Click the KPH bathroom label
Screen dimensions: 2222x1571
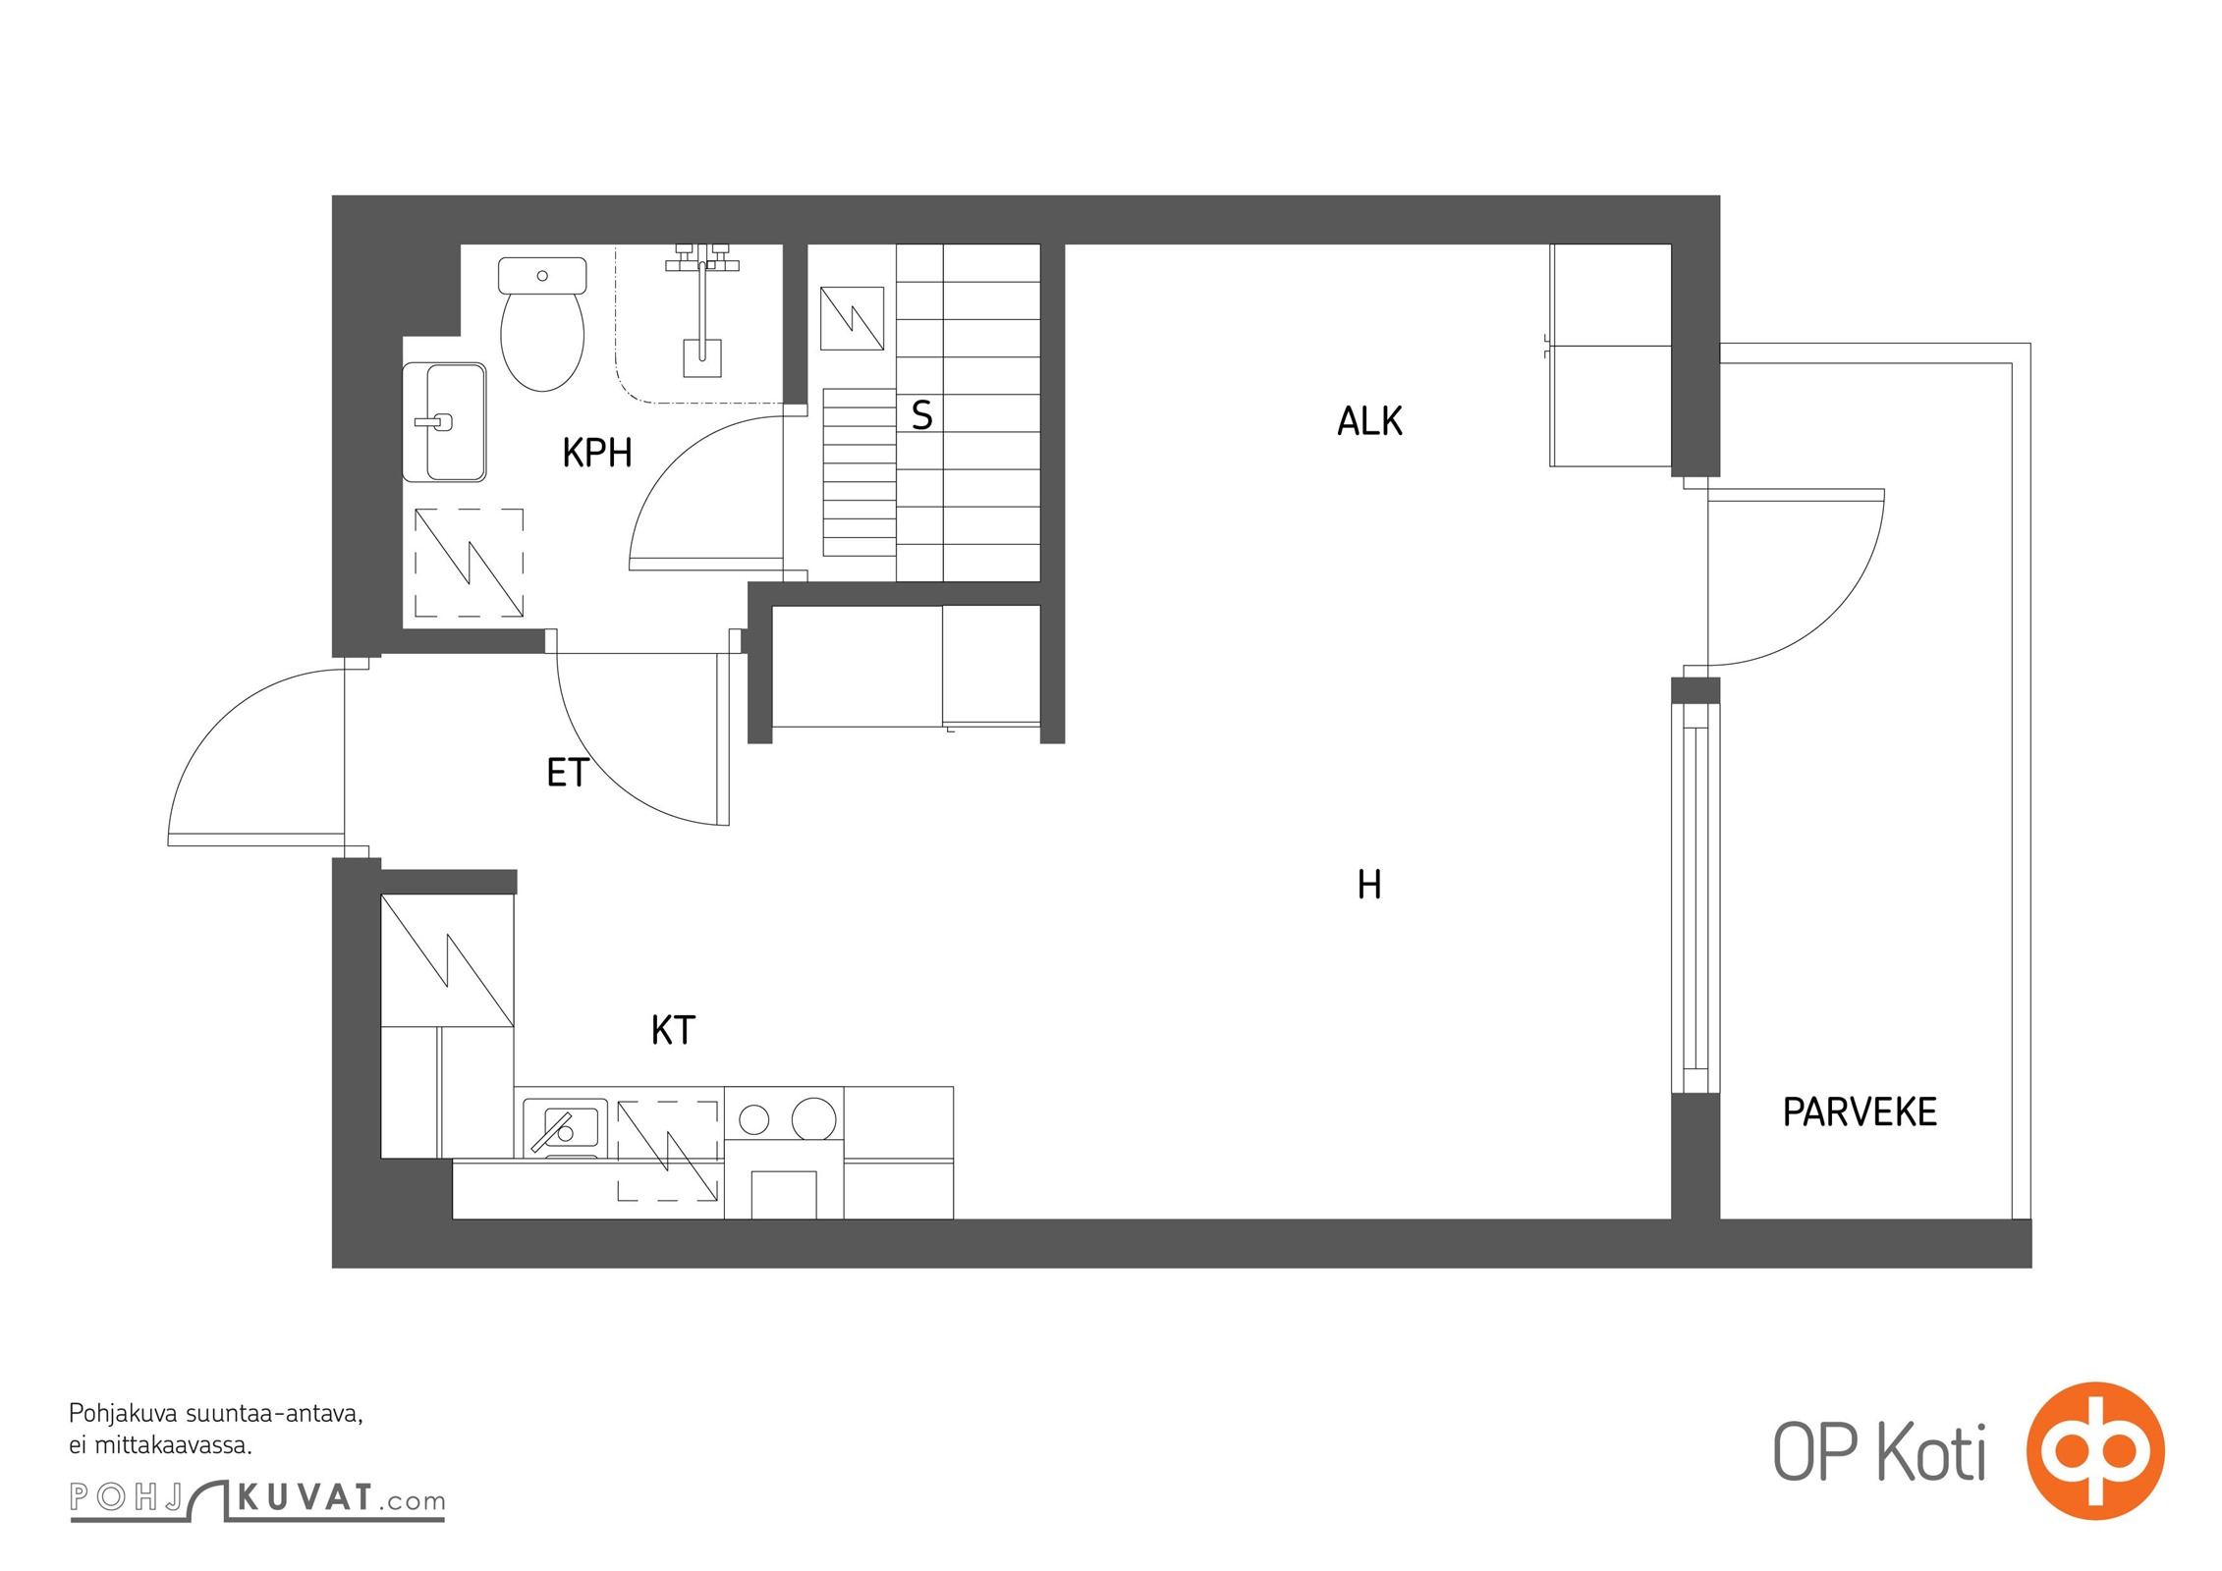(596, 453)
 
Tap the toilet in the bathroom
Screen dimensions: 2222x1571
(542, 324)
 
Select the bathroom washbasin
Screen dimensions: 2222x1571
(445, 422)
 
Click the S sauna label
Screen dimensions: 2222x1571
(921, 415)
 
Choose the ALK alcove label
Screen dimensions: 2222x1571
(1369, 421)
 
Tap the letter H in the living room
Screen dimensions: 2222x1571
(1368, 885)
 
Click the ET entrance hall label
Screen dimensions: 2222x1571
(567, 773)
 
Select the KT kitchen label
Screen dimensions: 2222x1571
(673, 1030)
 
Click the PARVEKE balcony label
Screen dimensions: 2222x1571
(1860, 1112)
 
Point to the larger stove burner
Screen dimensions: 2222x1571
(814, 1118)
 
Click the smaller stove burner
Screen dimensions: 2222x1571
(754, 1118)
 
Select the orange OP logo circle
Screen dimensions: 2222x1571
(2095, 1450)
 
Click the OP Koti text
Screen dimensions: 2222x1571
(1879, 1452)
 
